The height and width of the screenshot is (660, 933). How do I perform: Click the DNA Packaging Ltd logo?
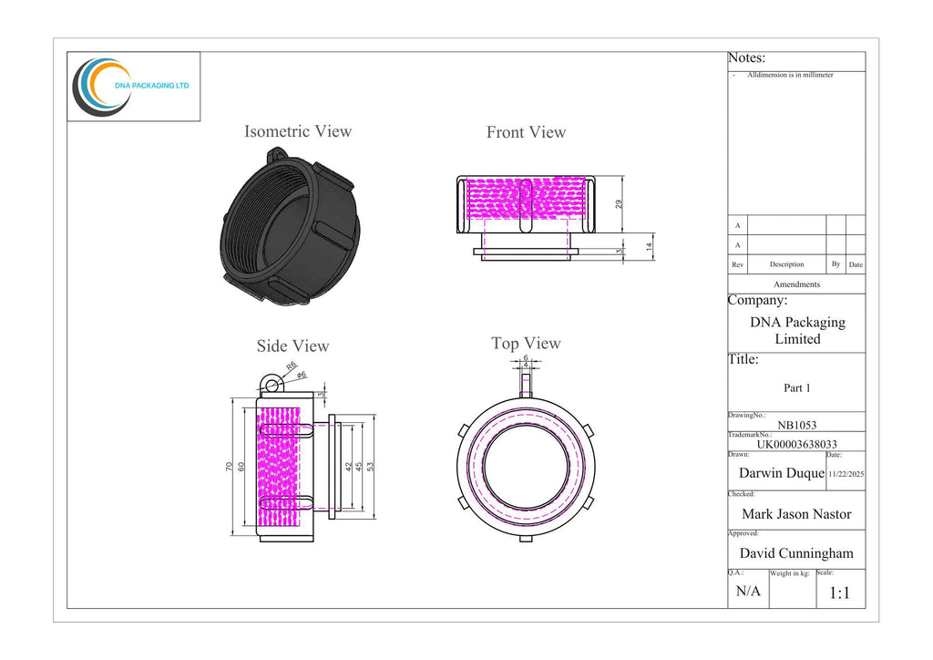click(131, 87)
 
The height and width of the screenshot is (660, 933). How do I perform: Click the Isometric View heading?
click(298, 131)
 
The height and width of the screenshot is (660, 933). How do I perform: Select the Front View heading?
click(526, 132)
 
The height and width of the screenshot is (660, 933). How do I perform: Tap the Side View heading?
click(292, 345)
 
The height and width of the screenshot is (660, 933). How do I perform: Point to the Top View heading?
click(526, 344)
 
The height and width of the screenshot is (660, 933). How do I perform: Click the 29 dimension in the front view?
click(619, 204)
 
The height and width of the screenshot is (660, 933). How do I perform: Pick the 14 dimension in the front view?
click(649, 246)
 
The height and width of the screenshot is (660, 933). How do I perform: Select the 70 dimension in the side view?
click(229, 467)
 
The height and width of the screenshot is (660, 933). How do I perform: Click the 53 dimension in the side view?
click(370, 467)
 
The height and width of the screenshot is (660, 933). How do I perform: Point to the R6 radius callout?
click(291, 366)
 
